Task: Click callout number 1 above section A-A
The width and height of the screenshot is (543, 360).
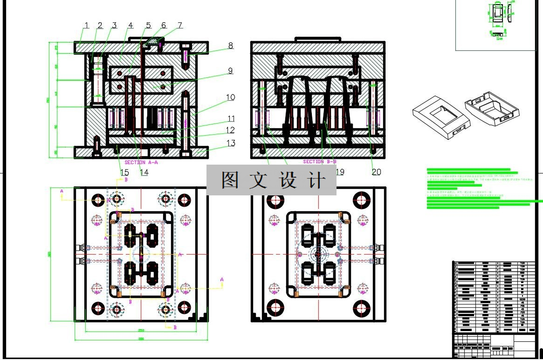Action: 86,25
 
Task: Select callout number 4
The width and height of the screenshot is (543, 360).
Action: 131,25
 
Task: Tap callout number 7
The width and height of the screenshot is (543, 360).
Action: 180,25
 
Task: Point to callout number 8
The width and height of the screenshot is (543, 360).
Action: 230,46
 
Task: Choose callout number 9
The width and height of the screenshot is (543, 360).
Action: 230,71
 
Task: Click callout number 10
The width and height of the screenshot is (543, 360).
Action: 230,97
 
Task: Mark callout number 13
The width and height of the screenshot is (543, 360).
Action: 231,143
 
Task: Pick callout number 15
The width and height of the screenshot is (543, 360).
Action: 124,173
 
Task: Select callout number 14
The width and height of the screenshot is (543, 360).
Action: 144,173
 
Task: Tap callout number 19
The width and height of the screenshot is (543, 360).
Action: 340,172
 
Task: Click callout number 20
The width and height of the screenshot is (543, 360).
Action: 376,172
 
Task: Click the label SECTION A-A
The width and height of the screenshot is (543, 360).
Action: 141,162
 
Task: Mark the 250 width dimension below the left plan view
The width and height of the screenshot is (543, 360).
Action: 141,330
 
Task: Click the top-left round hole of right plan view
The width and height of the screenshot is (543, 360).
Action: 275,200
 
